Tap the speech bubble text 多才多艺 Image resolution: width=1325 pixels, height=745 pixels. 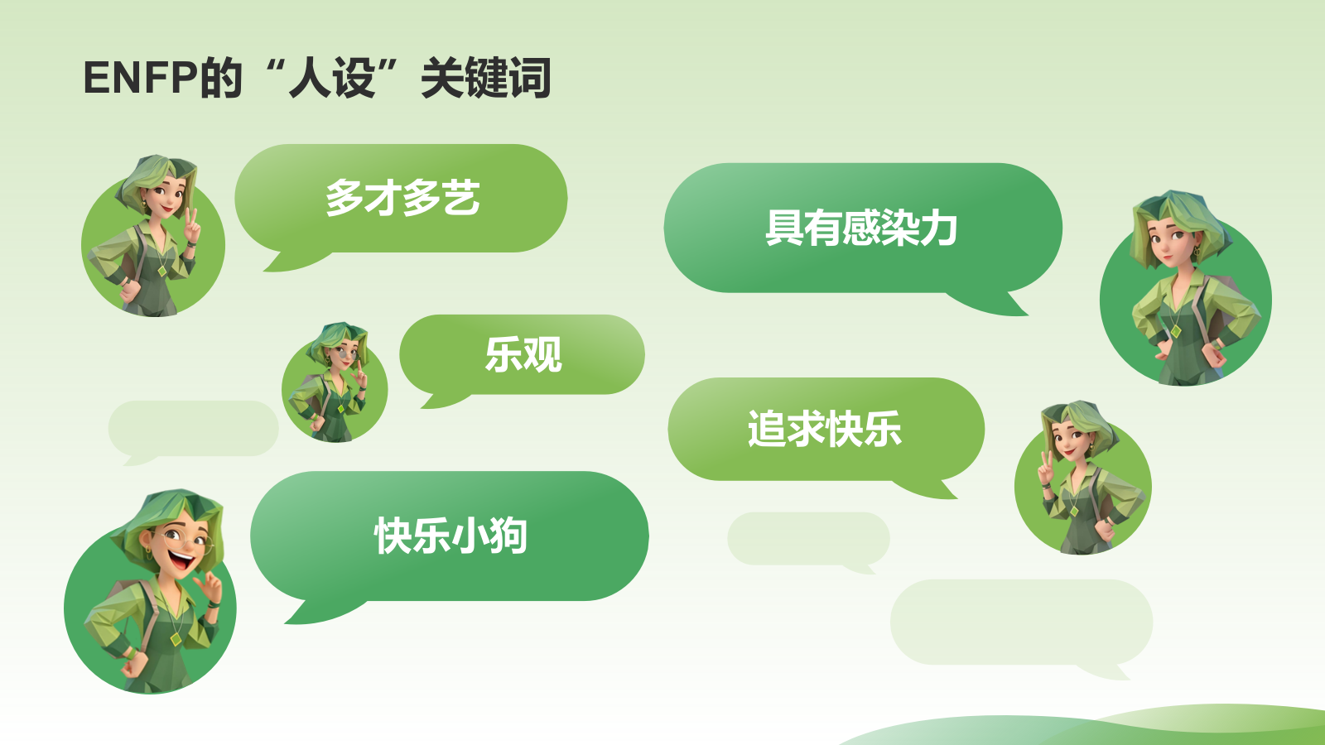402,199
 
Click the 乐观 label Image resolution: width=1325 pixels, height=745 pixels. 523,355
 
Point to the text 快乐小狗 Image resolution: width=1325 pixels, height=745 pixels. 450,536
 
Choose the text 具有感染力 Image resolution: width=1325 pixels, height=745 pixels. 861,228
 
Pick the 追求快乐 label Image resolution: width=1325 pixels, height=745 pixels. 825,429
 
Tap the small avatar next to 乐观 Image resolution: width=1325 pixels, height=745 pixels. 335,385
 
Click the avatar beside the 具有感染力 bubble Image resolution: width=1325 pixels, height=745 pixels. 1185,294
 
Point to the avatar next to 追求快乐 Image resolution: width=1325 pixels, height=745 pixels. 1082,484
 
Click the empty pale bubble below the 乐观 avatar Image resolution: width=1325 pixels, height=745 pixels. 193,428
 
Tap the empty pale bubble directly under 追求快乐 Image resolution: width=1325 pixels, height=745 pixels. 808,538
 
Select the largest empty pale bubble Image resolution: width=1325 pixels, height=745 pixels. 1021,622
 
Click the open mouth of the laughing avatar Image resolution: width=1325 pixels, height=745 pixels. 181,561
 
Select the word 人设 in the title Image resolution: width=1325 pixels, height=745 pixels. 331,79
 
